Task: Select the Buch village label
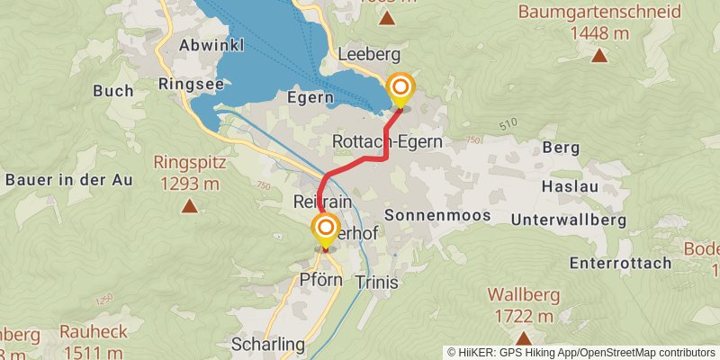point(113,90)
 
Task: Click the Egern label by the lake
point(311,96)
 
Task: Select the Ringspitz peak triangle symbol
point(189,206)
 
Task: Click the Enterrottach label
point(620,263)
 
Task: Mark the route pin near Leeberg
point(400,89)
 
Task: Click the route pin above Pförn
point(326,228)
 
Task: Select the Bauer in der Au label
point(69,179)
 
